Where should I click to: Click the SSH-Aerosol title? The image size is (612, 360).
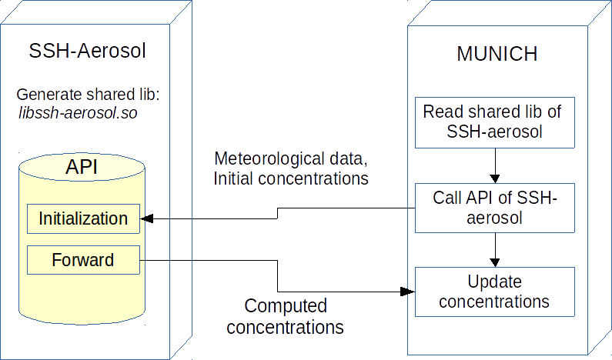point(87,52)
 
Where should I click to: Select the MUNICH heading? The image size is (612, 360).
point(497,55)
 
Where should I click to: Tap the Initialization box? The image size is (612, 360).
point(83,218)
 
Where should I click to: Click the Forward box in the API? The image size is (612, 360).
point(83,260)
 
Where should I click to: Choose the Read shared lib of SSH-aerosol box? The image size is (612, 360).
point(493,122)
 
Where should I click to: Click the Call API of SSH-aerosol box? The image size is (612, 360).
point(495,207)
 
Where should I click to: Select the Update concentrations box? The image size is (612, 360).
point(495,291)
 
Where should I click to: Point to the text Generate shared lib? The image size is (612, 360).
point(87,95)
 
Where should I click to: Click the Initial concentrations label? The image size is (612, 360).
point(291,178)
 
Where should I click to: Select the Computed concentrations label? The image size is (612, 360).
point(286,316)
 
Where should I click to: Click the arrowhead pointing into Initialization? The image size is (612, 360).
point(147,219)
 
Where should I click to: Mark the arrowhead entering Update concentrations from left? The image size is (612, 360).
point(408,292)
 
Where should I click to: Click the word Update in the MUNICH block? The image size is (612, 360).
point(495,282)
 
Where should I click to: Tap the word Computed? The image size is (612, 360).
point(286,306)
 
